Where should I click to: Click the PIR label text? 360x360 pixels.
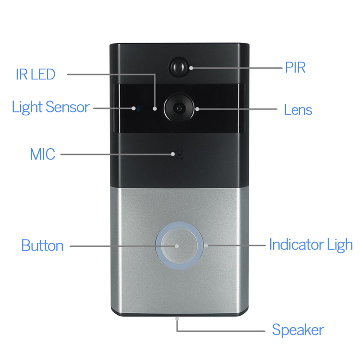(295, 68)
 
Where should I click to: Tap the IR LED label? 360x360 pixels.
(36, 74)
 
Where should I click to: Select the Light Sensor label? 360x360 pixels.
(50, 107)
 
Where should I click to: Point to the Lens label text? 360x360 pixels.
(298, 109)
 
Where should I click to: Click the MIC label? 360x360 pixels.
(43, 154)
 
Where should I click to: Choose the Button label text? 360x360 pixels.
(42, 245)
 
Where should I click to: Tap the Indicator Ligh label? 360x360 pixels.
(311, 245)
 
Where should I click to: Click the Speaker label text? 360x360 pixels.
(298, 330)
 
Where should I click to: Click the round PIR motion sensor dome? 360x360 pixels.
(178, 67)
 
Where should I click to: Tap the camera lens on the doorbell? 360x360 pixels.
(179, 108)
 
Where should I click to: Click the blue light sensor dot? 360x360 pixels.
(139, 108)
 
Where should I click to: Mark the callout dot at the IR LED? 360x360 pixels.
(155, 108)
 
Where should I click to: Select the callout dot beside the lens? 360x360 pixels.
(197, 109)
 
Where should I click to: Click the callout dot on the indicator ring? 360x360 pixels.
(206, 245)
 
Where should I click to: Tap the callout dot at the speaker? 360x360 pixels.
(177, 319)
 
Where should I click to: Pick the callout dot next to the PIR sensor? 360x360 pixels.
(191, 68)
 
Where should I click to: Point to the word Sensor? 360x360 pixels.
(68, 107)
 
